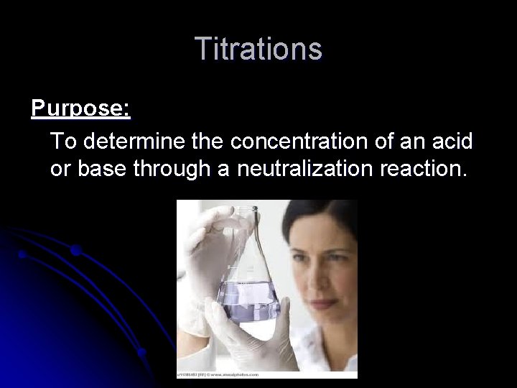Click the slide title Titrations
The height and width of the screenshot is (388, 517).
pos(258,50)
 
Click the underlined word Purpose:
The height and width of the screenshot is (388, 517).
pos(80,109)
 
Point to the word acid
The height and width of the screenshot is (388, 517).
pos(450,142)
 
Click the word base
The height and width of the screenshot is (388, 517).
pos(101,171)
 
